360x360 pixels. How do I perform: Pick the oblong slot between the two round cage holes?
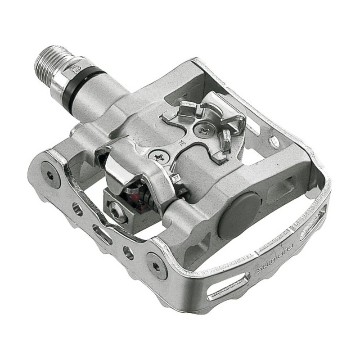tap(103, 234)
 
